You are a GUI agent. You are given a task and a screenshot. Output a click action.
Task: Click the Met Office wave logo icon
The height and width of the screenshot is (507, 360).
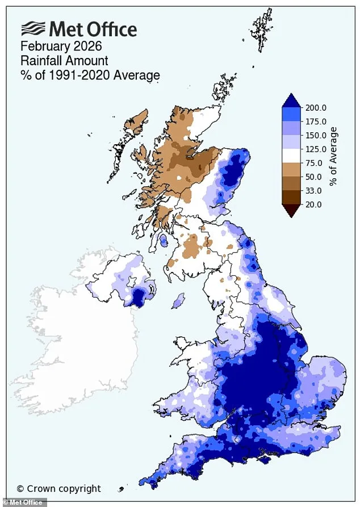[x=33, y=28]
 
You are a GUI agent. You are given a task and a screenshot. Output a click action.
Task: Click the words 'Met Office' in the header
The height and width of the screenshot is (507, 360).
[x=93, y=28]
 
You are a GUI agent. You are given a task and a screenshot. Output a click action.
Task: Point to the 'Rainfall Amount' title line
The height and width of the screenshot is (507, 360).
[x=64, y=60]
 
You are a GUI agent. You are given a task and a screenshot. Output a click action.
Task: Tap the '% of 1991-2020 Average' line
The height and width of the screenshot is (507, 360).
[x=90, y=75]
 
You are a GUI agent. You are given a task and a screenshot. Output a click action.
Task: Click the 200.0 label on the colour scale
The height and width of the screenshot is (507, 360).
[x=316, y=108]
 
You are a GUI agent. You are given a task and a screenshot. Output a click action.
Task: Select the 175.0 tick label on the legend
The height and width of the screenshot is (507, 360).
[x=316, y=121]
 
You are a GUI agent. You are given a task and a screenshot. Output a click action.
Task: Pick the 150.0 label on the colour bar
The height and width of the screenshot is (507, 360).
[x=316, y=136]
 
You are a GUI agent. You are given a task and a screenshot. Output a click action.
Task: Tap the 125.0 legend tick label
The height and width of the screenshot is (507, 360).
[x=316, y=149]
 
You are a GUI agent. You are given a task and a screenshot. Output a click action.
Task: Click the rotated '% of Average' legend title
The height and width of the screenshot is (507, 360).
[x=334, y=156]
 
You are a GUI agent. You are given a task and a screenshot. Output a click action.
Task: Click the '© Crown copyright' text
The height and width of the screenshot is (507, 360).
[x=58, y=488]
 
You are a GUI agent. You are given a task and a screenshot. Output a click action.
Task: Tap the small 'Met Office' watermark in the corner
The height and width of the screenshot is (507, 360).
[x=18, y=502]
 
